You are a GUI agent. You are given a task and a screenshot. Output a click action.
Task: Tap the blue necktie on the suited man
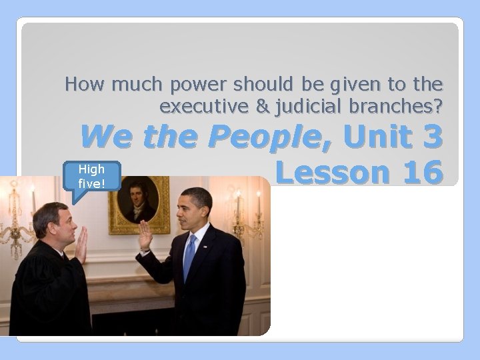190,257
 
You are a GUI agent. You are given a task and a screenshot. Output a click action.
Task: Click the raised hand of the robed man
82,244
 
